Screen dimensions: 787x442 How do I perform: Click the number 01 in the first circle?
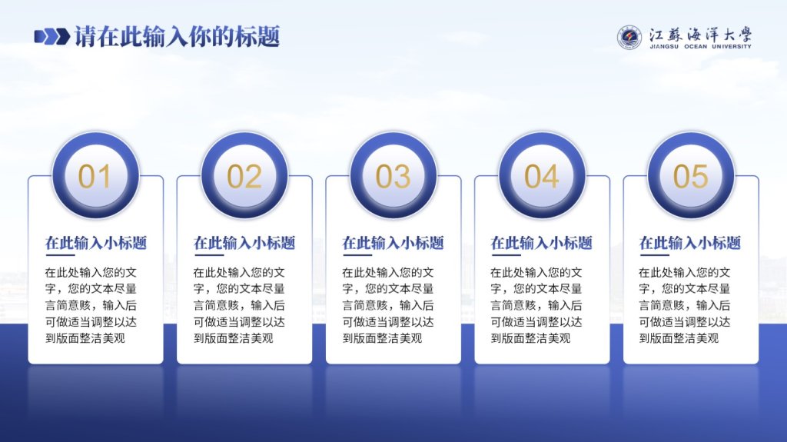[95, 176]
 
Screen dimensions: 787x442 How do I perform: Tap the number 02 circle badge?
[244, 176]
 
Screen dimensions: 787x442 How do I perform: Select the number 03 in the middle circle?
[393, 176]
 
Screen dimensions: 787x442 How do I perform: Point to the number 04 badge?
[542, 176]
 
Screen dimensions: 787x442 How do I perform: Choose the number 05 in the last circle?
[691, 176]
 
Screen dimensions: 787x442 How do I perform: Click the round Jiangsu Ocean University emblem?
[629, 38]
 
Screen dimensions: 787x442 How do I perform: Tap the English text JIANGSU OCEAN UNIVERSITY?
[700, 47]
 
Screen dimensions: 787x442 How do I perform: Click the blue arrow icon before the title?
[51, 37]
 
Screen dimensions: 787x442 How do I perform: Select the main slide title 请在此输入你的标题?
[178, 37]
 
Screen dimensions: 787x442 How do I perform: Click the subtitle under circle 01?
[96, 243]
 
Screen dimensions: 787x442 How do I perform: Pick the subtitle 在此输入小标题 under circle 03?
[393, 243]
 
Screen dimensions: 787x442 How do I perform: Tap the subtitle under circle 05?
[690, 243]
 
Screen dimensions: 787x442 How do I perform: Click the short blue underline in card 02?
[208, 255]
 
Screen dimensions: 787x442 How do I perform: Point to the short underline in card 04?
[506, 255]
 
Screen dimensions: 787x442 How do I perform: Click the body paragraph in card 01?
[91, 305]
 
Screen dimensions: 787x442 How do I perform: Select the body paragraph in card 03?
[388, 305]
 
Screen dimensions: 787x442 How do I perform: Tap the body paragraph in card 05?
[685, 305]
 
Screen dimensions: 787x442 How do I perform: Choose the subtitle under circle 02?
[244, 243]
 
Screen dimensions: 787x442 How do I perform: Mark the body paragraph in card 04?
[536, 305]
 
